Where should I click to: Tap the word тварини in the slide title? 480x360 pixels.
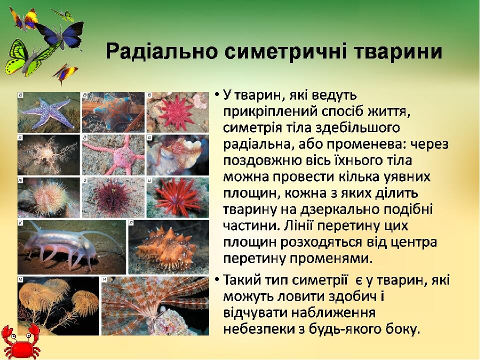coord(397,51)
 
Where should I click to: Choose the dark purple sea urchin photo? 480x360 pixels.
coord(113,198)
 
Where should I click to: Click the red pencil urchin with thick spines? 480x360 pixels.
coord(177,198)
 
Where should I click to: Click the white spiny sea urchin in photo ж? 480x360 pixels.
coord(49,198)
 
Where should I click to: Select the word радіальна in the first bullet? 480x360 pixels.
coord(254,144)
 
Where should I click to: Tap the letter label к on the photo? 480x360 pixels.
coord(20,223)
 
